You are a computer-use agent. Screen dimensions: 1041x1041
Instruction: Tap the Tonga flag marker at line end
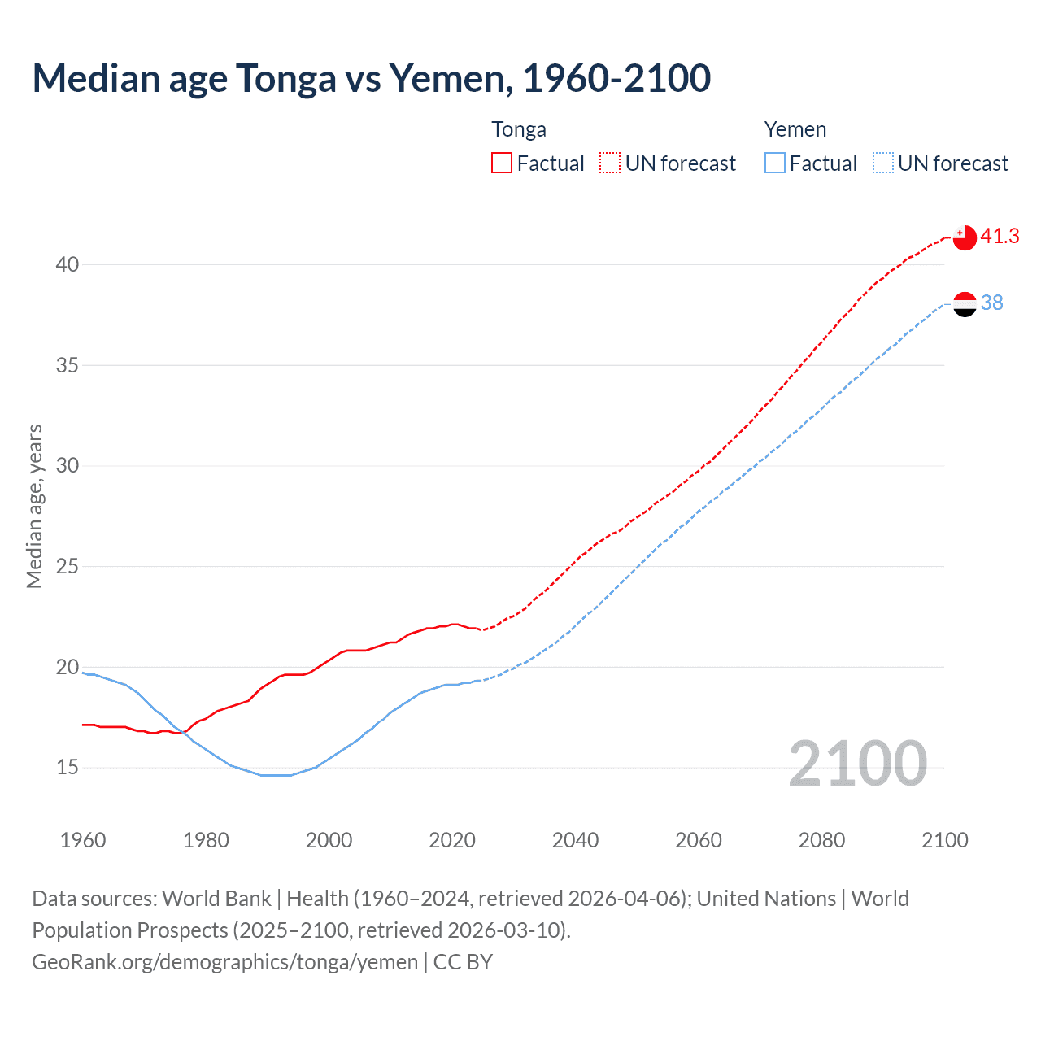[964, 237]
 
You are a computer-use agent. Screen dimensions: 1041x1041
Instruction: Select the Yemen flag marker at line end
[964, 304]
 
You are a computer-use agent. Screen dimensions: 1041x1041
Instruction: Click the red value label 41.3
[1000, 237]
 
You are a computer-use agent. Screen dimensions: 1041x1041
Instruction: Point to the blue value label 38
[991, 303]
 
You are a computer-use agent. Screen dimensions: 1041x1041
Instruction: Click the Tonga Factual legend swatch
[502, 163]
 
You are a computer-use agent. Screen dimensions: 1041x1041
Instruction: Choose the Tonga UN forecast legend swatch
[610, 163]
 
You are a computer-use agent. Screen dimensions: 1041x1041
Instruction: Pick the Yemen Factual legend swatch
[775, 163]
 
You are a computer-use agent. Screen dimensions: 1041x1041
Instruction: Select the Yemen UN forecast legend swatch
[883, 163]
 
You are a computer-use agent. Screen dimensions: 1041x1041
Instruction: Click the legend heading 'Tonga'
[519, 130]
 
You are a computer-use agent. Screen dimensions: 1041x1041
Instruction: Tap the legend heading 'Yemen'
[795, 130]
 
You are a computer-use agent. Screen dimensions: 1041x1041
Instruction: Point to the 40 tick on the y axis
[68, 265]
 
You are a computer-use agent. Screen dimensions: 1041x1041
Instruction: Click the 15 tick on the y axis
[68, 768]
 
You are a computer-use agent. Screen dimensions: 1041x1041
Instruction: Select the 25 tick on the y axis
[68, 567]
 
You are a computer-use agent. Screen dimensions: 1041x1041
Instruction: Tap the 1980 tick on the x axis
[206, 840]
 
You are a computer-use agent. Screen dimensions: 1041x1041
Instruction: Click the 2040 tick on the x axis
[575, 840]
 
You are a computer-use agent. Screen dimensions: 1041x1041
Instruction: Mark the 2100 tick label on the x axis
[944, 840]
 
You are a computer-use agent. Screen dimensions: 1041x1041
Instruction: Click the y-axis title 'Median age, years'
[34, 506]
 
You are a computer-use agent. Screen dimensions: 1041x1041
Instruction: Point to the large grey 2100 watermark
[857, 764]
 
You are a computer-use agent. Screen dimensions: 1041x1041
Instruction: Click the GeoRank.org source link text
[224, 962]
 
